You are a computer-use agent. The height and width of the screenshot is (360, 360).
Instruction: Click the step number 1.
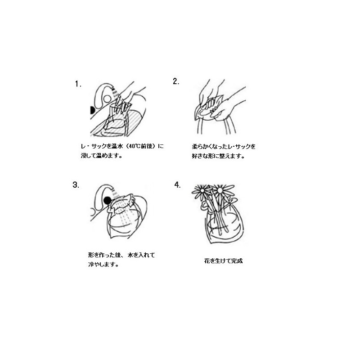click(78, 84)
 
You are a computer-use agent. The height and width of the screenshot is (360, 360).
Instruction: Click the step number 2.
click(176, 81)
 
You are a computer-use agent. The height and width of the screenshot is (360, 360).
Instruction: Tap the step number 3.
click(76, 185)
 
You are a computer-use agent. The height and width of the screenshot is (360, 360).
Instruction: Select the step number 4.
click(177, 184)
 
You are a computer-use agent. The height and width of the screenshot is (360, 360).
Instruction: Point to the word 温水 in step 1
click(117, 146)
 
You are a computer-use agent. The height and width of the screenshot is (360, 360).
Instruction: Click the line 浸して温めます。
click(101, 155)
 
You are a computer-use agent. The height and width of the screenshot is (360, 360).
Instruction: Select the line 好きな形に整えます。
click(218, 156)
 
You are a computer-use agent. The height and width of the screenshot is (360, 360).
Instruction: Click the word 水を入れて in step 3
click(141, 255)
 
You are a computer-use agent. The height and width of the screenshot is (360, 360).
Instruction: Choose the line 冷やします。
click(103, 264)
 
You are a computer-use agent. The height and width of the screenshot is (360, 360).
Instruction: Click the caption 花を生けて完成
click(223, 261)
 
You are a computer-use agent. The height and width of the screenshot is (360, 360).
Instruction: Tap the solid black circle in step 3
click(107, 200)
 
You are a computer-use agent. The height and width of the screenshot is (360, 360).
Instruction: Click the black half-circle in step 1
click(92, 110)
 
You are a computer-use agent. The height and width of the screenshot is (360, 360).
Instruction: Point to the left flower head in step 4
click(202, 191)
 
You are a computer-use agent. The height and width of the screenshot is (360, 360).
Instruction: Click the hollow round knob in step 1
click(107, 99)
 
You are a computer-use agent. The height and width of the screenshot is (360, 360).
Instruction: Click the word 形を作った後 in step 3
click(105, 255)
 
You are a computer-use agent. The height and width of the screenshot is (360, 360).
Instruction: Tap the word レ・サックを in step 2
click(242, 147)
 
